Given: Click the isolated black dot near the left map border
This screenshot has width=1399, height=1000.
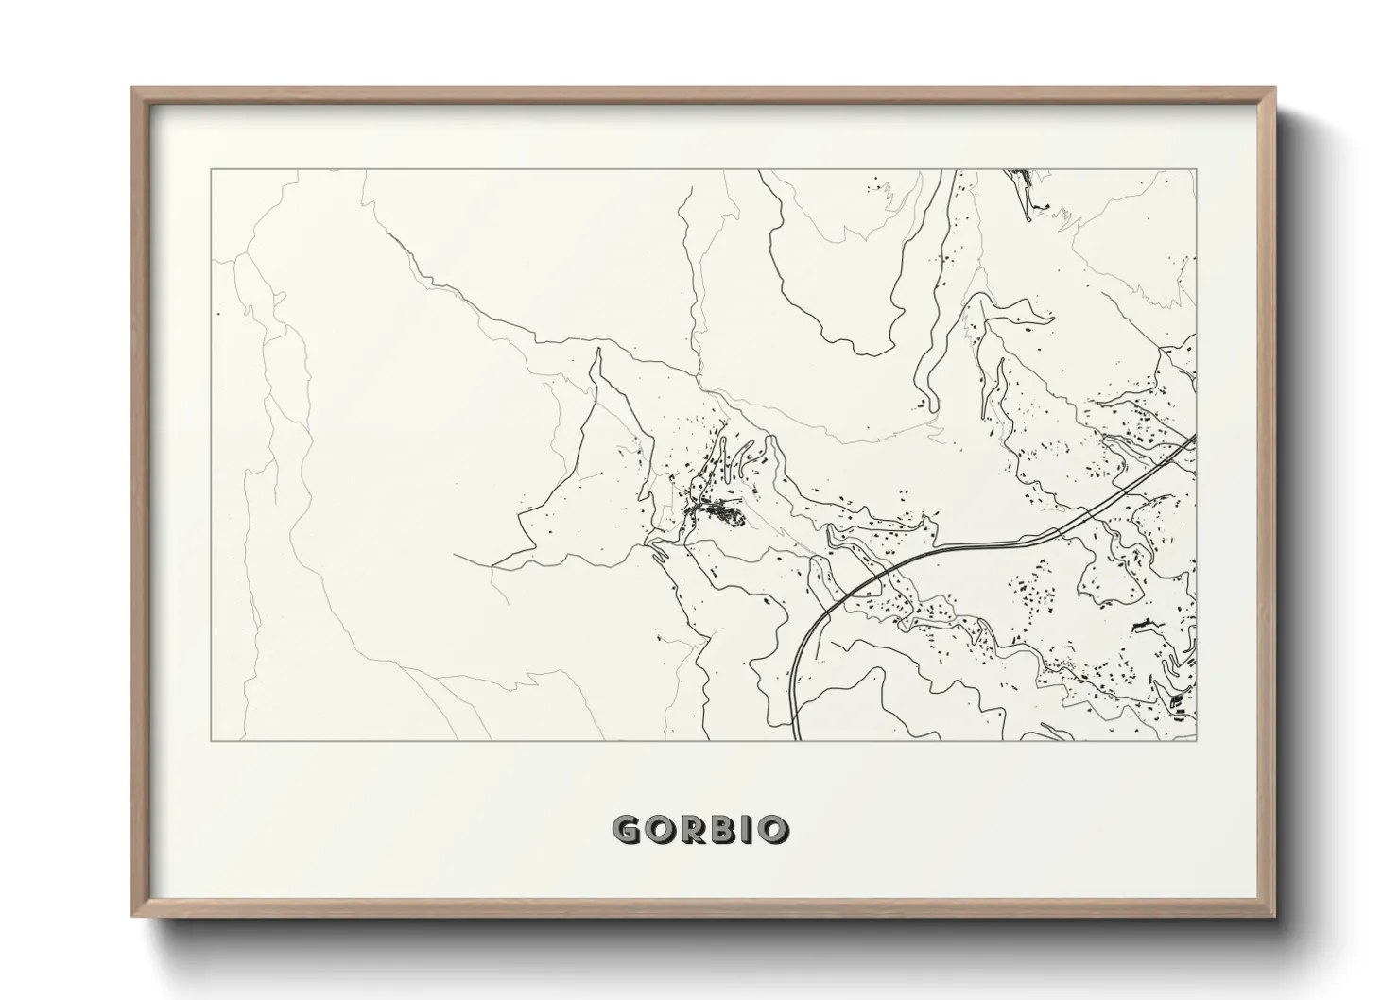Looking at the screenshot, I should click(218, 314).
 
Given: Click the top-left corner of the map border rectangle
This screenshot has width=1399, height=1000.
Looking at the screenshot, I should click(211, 170).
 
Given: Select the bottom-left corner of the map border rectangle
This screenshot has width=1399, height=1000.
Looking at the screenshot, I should click(211, 740).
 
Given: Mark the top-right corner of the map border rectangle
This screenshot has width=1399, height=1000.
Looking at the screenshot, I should click(1196, 170).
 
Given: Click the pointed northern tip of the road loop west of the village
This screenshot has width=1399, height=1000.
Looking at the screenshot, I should click(597, 351).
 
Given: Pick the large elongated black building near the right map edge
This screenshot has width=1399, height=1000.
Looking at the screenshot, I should click(1142, 625).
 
